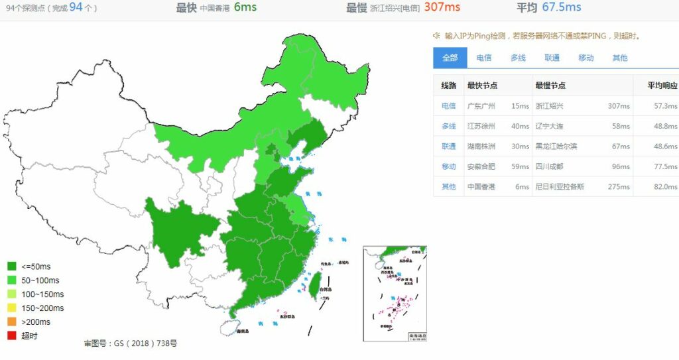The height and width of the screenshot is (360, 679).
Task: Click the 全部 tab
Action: (450, 58)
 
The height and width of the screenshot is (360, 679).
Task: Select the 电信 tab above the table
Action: (484, 58)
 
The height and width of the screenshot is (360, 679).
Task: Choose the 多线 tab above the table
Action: (518, 58)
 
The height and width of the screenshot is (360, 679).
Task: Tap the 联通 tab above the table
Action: (552, 58)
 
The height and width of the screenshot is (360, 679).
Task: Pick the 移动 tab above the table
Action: (586, 58)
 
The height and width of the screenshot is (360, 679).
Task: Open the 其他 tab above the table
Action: (619, 58)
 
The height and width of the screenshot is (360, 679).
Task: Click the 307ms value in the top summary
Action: (442, 7)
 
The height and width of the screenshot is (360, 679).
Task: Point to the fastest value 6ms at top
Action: (245, 7)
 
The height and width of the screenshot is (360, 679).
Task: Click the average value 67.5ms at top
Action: (561, 7)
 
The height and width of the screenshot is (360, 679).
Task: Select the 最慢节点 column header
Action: (550, 86)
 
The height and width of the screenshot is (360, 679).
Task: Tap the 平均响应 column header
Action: (662, 86)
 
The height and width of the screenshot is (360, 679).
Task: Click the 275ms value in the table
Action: (619, 186)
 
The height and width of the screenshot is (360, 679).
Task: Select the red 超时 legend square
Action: (11, 335)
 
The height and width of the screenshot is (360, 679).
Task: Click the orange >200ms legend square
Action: (11, 322)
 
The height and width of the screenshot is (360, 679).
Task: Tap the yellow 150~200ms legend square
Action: (11, 308)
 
